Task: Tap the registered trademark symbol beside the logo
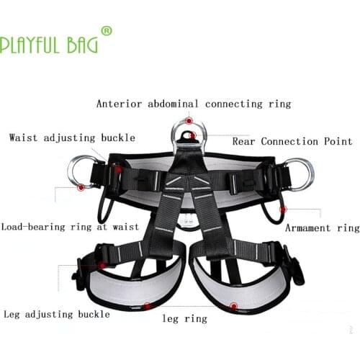(x=107, y=31)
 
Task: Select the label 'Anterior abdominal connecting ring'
(x=194, y=104)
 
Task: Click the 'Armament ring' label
(x=322, y=228)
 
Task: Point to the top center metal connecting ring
(x=189, y=132)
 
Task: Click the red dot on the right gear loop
(x=283, y=209)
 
